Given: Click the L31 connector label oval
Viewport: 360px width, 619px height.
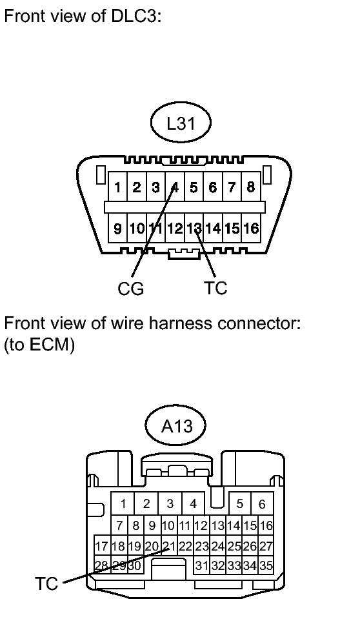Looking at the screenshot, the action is pos(181,123).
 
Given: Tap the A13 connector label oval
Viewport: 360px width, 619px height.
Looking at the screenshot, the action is pos(176,427).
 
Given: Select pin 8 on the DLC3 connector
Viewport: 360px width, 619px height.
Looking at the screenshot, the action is pos(251,187).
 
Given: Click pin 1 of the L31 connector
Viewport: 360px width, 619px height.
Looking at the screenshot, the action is pos(117,187).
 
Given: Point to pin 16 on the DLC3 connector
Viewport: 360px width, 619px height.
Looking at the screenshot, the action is pos(251,228).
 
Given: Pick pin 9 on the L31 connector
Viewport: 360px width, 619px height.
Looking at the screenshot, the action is pos(117,228).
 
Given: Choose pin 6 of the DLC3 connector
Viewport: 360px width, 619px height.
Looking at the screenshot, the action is pos(213,187).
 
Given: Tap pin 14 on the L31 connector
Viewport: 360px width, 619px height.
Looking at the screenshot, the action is pos(213,228).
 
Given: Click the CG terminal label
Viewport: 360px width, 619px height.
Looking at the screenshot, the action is pos(131,289).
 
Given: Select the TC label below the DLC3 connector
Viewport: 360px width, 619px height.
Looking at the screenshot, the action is pos(216,288).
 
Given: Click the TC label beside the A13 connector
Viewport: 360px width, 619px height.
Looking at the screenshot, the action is pos(46,583).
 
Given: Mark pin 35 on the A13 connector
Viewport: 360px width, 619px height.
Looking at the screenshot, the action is pos(266,565).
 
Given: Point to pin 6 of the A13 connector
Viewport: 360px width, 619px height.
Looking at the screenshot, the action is pos(262,503).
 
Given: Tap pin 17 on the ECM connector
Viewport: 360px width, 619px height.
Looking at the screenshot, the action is pos(102,546).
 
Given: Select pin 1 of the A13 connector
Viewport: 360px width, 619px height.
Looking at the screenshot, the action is pos(123,503).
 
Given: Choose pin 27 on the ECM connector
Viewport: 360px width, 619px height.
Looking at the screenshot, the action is pos(266,546).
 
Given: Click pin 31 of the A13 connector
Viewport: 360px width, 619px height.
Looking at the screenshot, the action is pos(201,565).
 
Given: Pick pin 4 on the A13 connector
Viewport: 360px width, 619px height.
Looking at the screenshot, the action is pos(193,503).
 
